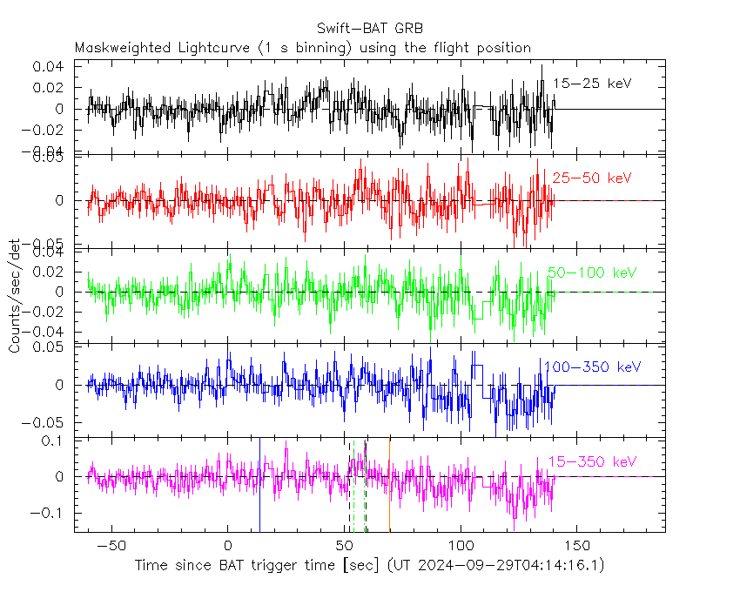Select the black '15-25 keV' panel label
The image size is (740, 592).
(x=592, y=84)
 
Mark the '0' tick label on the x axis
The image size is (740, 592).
(x=227, y=545)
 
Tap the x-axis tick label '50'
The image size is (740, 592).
(x=344, y=545)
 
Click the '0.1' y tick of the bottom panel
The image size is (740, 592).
(x=53, y=441)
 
